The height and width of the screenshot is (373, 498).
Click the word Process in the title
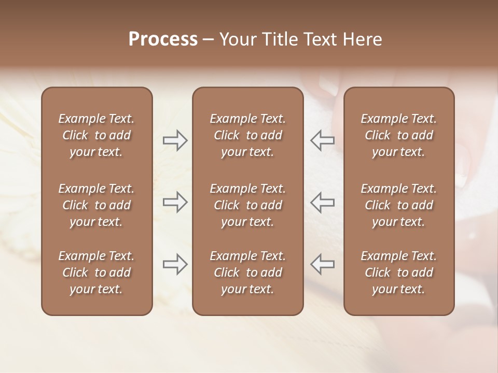pos(163,39)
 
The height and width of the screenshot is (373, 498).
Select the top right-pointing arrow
pos(175,140)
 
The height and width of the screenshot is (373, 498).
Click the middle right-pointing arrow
pos(175,202)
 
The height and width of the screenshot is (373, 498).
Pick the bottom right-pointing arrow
pos(175,264)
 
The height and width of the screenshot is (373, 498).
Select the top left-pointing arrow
pos(322,140)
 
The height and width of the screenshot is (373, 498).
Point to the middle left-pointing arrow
pos(322,202)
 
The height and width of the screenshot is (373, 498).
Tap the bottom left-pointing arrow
pos(322,264)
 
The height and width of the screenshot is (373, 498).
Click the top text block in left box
pos(96,135)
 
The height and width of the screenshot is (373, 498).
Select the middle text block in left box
pos(96,205)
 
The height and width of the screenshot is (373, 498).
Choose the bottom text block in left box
pos(96,272)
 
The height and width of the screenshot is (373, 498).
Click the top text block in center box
pos(247,135)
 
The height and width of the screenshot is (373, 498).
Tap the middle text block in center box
pos(247,205)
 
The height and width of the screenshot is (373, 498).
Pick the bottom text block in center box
pos(247,272)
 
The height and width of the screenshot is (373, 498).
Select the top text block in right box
pos(398,135)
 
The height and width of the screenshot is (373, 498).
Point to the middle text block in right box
pos(398,205)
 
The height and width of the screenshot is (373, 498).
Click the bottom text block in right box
pos(398,272)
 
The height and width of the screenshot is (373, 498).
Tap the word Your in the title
pos(238,39)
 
